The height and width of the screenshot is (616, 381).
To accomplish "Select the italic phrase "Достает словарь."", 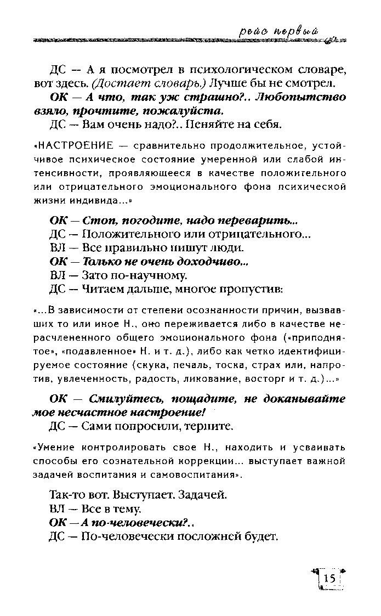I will (128, 84).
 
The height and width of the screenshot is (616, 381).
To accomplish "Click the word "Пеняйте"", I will (207, 125).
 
